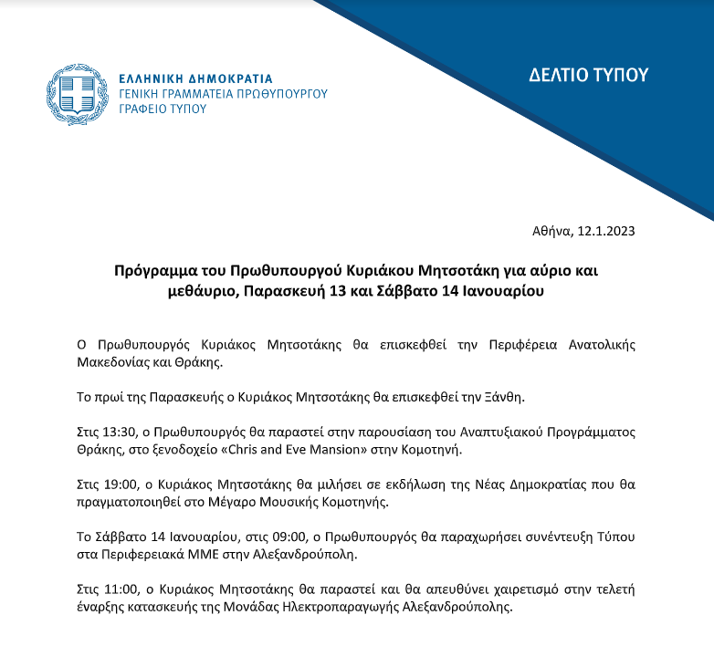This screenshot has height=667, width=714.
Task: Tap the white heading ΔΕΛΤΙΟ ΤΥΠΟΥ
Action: pyautogui.click(x=588, y=75)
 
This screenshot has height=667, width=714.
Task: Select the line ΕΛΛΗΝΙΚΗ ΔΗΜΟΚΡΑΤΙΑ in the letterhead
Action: pyautogui.click(x=195, y=78)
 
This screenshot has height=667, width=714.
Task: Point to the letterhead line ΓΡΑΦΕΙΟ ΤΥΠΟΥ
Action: pyautogui.click(x=163, y=109)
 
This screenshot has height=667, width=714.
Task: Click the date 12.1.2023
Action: pyautogui.click(x=604, y=231)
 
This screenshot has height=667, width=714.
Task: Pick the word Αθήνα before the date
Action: pyautogui.click(x=551, y=231)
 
